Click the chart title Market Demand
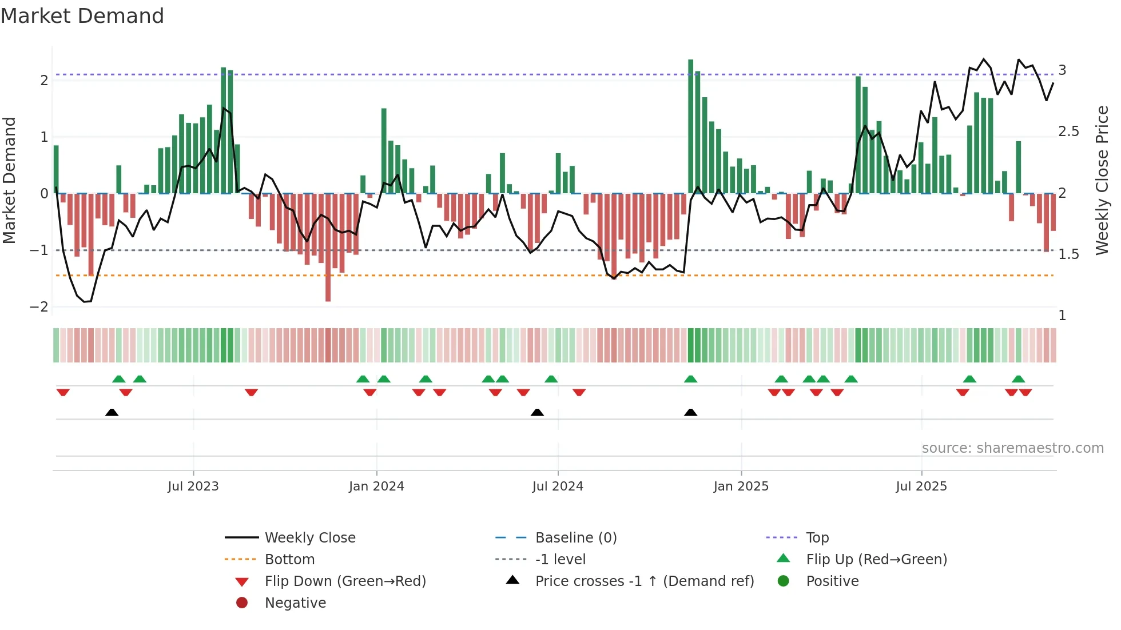82,16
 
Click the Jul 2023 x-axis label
193,487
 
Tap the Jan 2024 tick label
376,487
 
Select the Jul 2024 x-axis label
558,487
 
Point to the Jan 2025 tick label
741,487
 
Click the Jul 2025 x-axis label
921,487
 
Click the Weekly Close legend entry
310,538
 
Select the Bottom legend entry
289,560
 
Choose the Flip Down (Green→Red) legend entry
345,581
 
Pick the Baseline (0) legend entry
576,538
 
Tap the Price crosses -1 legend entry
644,581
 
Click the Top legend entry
817,538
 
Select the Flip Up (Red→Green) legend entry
876,560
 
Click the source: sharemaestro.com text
1012,448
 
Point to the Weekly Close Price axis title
1102,180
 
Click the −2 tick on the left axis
39,307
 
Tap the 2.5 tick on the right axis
1068,131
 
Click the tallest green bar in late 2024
691,126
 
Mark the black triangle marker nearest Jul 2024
537,413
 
